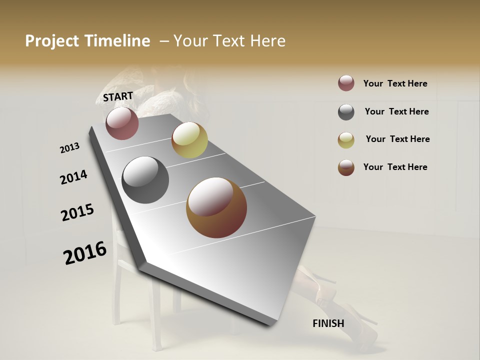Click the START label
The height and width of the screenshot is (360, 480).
coord(118,96)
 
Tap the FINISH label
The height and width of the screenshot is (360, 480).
coord(328,323)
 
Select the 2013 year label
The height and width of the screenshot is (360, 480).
coord(69,148)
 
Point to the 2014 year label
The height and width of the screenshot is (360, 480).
coord(73,177)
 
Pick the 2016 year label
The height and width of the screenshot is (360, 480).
coord(85,252)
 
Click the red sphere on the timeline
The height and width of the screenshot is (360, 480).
coord(122,123)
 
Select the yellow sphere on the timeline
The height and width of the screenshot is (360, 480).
coord(189,140)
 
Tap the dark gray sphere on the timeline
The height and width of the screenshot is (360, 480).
coord(145,180)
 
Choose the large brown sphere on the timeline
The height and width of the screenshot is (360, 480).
coord(216,207)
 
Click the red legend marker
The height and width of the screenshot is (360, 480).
coord(346,83)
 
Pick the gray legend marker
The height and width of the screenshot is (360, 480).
coord(346,112)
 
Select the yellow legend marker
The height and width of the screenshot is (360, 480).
coord(346,140)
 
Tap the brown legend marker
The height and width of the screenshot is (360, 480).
coord(346,167)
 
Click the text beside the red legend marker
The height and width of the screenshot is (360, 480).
coord(395,83)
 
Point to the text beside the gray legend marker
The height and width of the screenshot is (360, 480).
coord(396,111)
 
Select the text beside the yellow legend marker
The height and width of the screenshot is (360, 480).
coord(397,139)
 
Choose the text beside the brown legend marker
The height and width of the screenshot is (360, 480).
coord(395,167)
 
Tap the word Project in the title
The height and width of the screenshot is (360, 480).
coord(52,41)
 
